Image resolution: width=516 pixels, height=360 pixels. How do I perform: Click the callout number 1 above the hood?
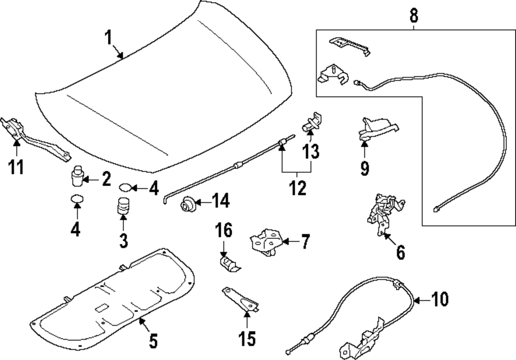108,38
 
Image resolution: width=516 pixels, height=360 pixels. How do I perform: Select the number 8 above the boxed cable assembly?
414,15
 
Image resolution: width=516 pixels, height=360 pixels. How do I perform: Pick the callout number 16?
227,230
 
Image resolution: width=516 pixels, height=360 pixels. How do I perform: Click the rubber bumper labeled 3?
123,207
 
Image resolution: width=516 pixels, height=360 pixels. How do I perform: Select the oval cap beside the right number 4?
126,187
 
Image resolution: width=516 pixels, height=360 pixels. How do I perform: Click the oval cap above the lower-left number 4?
76,198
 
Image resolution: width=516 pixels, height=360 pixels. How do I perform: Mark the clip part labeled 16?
227,264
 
